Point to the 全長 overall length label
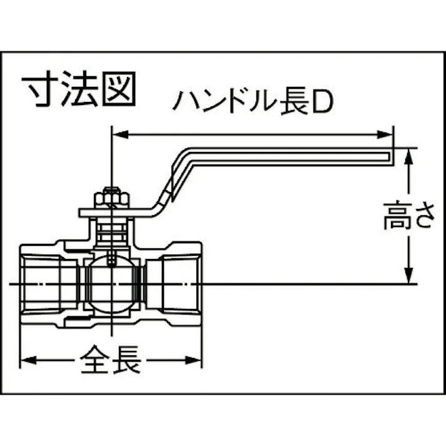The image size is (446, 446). (x=110, y=360)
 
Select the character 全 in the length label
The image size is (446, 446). (x=94, y=360)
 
